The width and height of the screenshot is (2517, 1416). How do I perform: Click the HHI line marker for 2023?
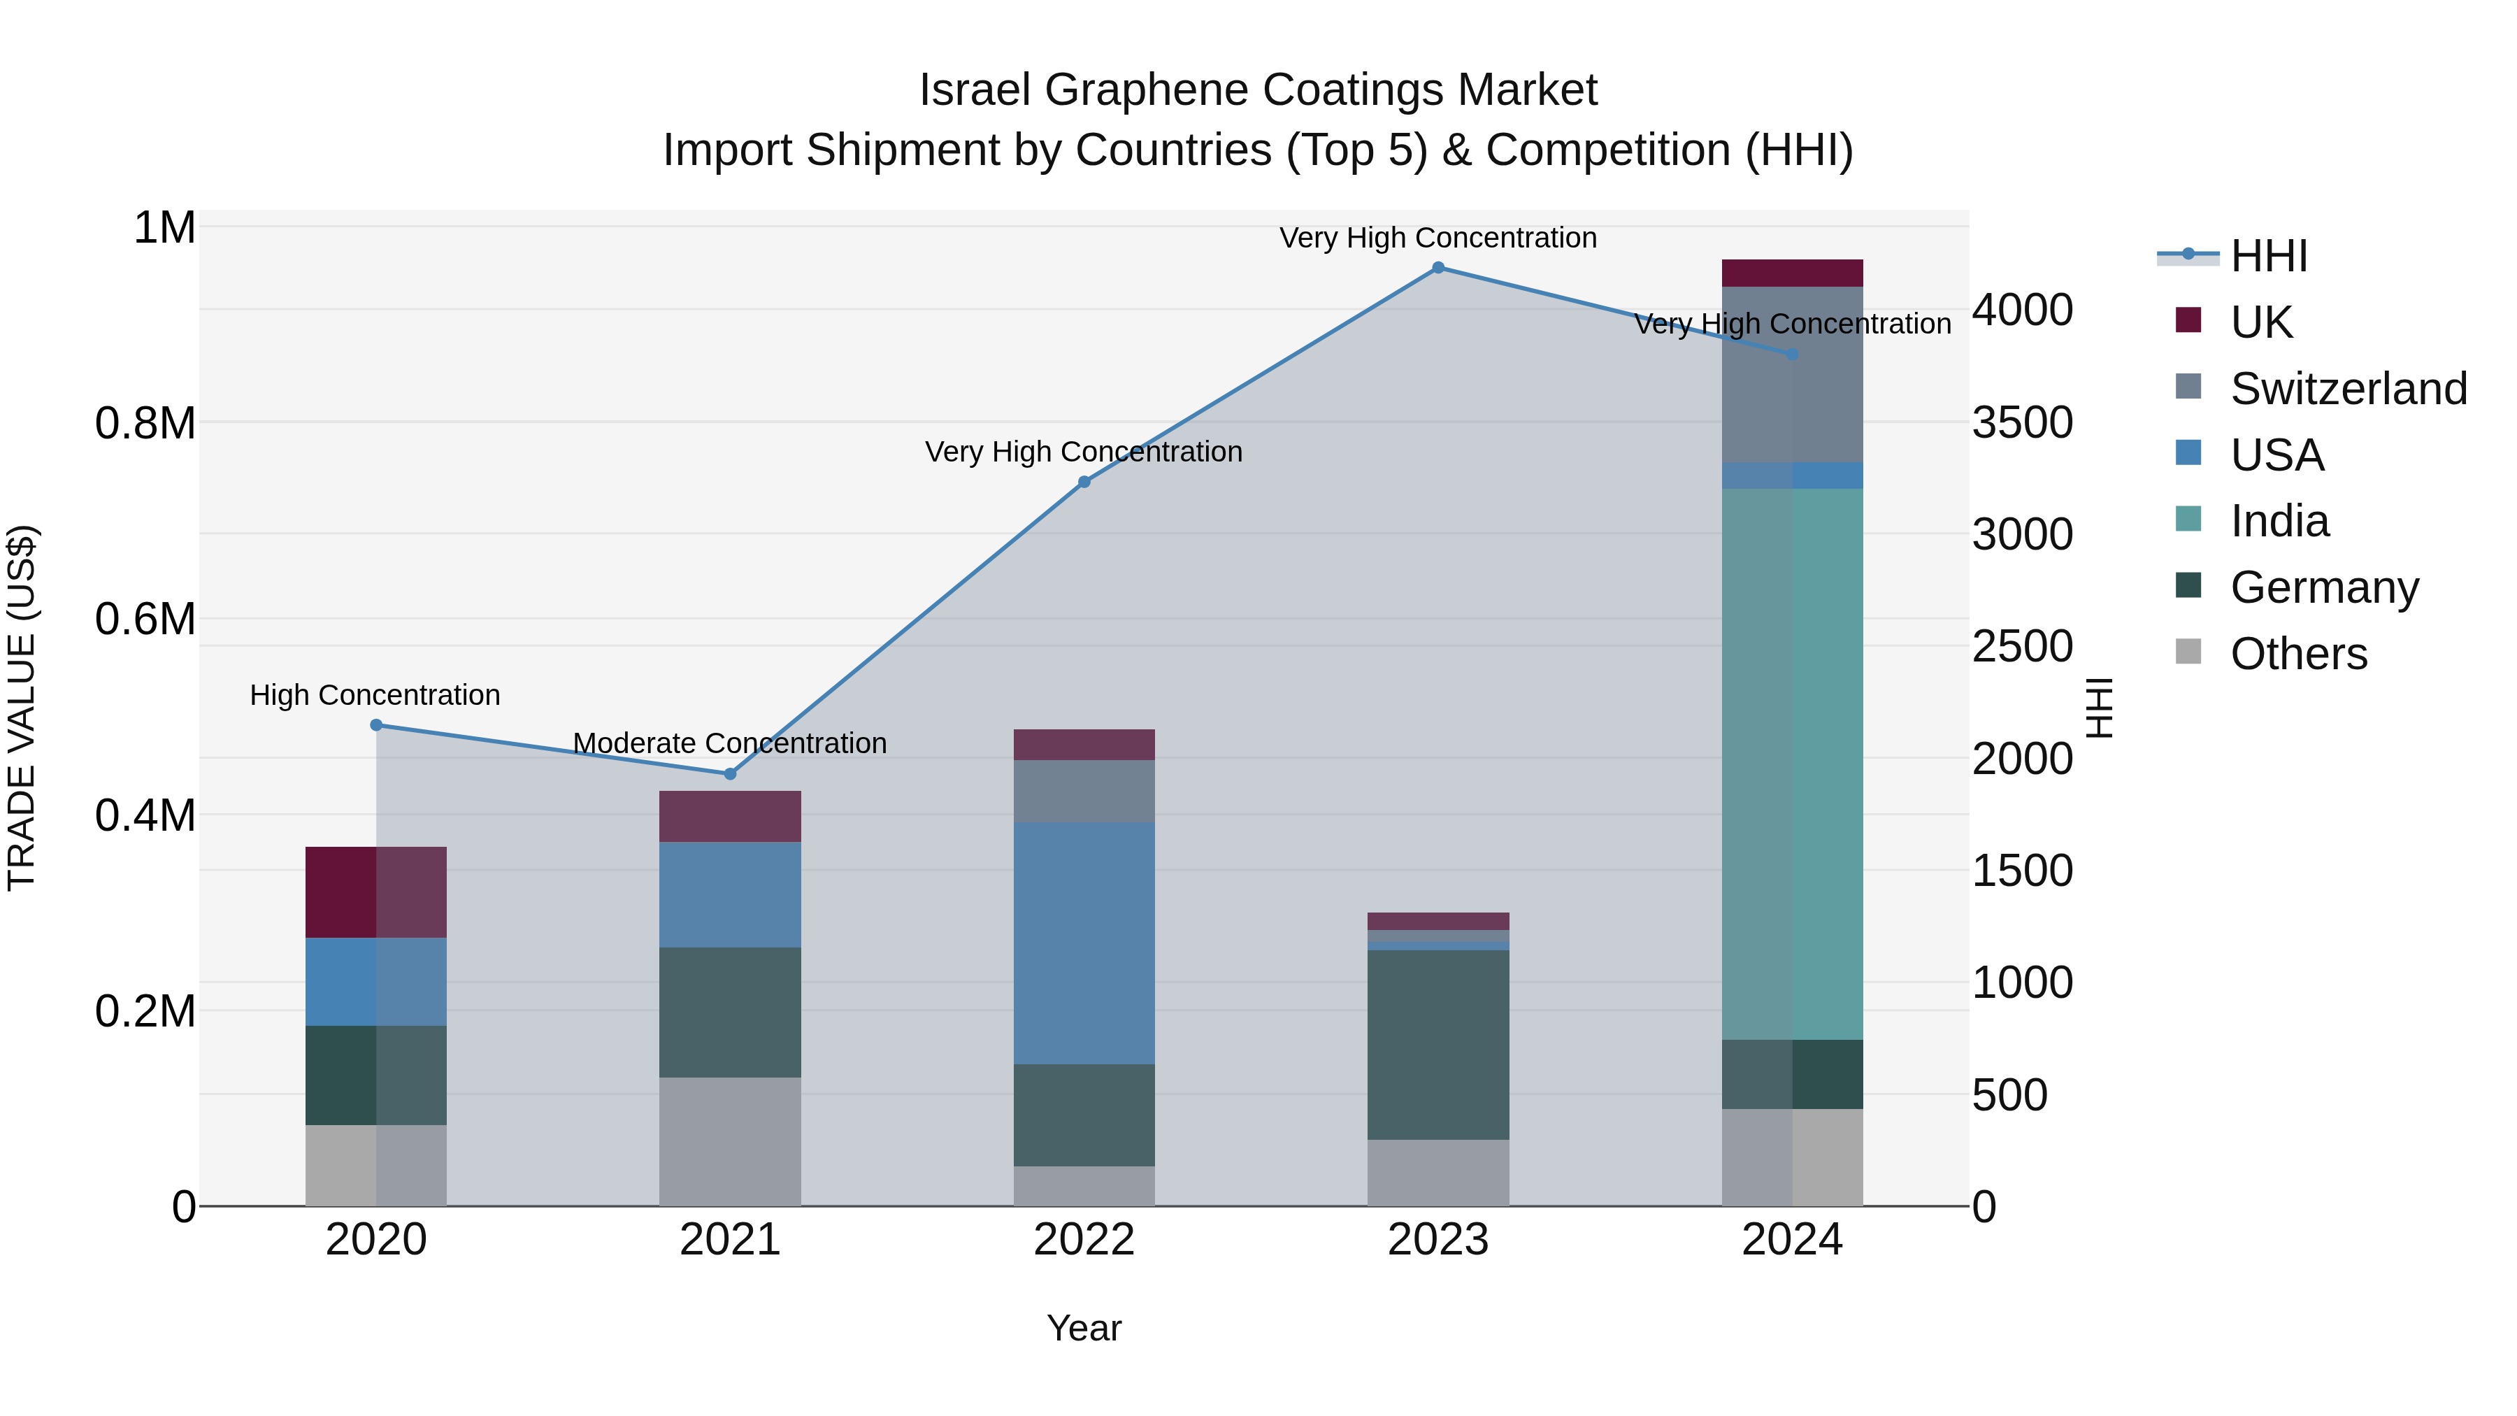click(x=1437, y=268)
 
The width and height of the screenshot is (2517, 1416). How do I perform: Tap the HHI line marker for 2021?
click(x=730, y=774)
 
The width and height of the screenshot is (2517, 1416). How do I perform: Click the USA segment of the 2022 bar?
click(x=1084, y=943)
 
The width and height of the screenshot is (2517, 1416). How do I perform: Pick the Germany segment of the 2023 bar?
click(x=1437, y=1044)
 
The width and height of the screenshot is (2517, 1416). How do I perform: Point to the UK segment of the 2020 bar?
click(x=376, y=892)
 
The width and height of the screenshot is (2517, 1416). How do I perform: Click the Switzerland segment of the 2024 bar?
click(x=1792, y=374)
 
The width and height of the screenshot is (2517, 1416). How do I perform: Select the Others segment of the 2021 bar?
click(x=730, y=1141)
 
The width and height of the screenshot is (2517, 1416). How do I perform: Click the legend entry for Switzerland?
click(x=2348, y=389)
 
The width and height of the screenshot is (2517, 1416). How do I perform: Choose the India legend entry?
click(x=2279, y=521)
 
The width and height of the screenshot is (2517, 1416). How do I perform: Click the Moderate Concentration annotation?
click(x=730, y=744)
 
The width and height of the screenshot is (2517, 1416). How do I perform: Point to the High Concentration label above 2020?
click(x=375, y=696)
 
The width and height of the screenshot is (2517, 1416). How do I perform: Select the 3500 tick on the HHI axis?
click(x=2021, y=423)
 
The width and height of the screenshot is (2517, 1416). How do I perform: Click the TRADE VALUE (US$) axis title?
click(x=22, y=708)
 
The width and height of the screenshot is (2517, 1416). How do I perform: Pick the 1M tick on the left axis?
click(x=164, y=228)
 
